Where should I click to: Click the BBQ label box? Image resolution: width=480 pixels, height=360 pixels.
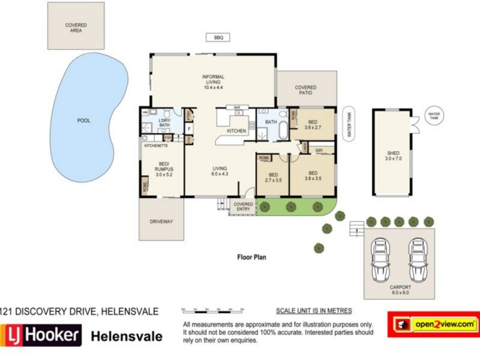(x=218, y=37)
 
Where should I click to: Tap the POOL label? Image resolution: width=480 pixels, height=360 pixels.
(x=84, y=121)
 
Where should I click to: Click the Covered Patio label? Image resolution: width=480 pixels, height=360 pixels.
(x=305, y=91)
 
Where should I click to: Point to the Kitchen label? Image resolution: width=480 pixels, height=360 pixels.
(x=236, y=131)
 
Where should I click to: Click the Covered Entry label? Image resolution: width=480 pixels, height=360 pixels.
(x=243, y=207)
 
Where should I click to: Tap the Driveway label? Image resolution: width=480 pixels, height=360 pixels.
(x=161, y=221)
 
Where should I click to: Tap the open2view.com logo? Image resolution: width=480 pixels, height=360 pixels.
(x=434, y=324)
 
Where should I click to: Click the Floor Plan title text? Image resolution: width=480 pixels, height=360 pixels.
(x=251, y=257)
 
